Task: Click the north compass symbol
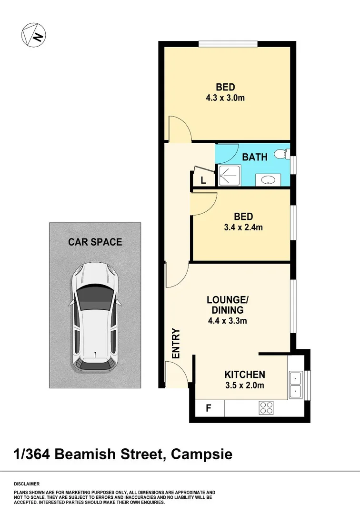pyautogui.click(x=33, y=34)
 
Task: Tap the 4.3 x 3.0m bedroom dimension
pyautogui.click(x=225, y=98)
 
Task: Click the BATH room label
pyautogui.click(x=255, y=157)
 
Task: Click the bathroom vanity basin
pyautogui.click(x=268, y=180)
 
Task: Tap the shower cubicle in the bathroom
pyautogui.click(x=230, y=176)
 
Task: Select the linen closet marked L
pyautogui.click(x=203, y=180)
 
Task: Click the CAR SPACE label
pyautogui.click(x=95, y=242)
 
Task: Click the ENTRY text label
pyautogui.click(x=176, y=343)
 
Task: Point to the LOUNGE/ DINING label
pyautogui.click(x=227, y=305)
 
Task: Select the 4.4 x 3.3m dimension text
pyautogui.click(x=227, y=321)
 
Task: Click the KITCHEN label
pyautogui.click(x=245, y=375)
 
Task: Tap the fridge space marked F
pyautogui.click(x=208, y=408)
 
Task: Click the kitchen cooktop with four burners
pyautogui.click(x=266, y=407)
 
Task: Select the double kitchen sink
pyautogui.click(x=296, y=385)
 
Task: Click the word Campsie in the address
pyautogui.click(x=202, y=454)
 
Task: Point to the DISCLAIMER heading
pyautogui.click(x=27, y=484)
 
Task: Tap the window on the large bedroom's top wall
pyautogui.click(x=228, y=45)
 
